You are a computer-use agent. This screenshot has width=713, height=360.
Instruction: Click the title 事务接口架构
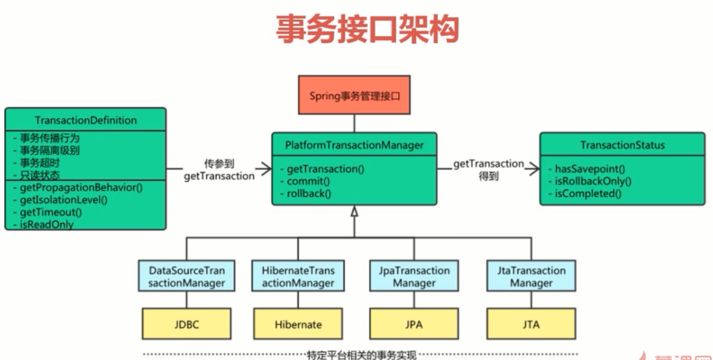(x=367, y=29)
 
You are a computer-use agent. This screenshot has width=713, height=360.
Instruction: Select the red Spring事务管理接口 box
(x=354, y=95)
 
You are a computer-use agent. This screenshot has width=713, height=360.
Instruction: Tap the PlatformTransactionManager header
(x=354, y=145)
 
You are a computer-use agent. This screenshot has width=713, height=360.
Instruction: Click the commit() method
(x=308, y=181)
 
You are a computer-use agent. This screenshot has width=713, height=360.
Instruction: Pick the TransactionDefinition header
(x=85, y=120)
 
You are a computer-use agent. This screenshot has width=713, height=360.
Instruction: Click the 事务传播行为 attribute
(x=49, y=138)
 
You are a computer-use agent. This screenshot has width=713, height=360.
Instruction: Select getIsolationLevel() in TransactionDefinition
(x=63, y=200)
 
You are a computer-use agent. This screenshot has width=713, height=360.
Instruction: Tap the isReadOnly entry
(x=46, y=224)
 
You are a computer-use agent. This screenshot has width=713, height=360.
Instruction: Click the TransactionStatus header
(x=622, y=145)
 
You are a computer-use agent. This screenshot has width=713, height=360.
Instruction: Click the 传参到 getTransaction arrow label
(x=219, y=170)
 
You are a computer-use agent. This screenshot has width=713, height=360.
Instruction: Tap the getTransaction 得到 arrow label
(x=488, y=170)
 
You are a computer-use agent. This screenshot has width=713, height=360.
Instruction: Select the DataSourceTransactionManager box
(x=187, y=277)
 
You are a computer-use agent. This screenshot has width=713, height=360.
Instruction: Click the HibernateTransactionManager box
(x=298, y=277)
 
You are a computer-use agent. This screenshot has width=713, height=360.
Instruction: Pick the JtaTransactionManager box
(x=531, y=277)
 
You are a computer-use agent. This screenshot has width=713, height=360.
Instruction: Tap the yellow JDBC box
(x=187, y=324)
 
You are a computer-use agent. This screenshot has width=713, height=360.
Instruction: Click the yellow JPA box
(x=414, y=324)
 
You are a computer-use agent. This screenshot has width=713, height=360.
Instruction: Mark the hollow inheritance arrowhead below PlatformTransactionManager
(x=354, y=212)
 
